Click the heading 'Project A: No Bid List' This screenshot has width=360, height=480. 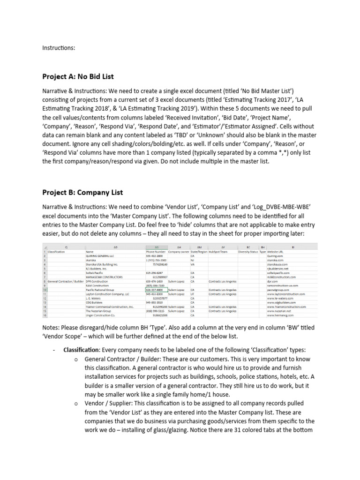point(78,76)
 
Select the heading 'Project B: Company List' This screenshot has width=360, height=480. point(83,192)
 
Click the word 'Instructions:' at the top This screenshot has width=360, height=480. point(59,47)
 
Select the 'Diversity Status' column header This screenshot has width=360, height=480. point(248,252)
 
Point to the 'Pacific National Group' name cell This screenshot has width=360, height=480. point(100,290)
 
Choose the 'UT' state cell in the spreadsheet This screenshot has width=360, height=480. point(192,294)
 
